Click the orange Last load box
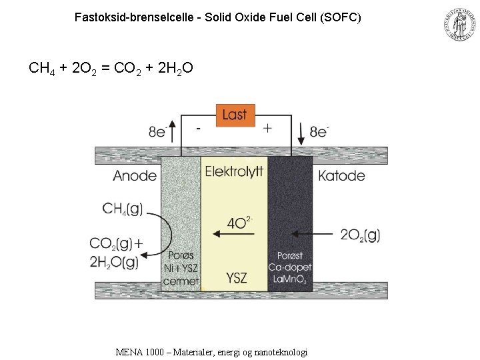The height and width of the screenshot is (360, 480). click(235, 115)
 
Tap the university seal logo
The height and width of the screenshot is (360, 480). click(459, 25)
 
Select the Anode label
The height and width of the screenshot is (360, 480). click(135, 176)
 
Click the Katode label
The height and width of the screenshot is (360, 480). click(341, 176)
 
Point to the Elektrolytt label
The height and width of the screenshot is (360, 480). click(234, 172)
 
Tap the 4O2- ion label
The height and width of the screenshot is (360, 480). click(239, 222)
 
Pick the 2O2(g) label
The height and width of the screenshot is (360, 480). click(360, 235)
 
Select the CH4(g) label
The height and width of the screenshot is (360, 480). click(123, 209)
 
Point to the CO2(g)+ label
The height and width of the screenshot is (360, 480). click(120, 245)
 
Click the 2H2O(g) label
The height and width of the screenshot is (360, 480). click(115, 262)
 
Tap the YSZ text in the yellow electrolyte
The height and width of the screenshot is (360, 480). click(236, 277)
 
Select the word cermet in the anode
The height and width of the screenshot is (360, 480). click(181, 281)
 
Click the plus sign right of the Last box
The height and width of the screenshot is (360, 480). click(267, 128)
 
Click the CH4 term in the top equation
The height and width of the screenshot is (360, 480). click(41, 68)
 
